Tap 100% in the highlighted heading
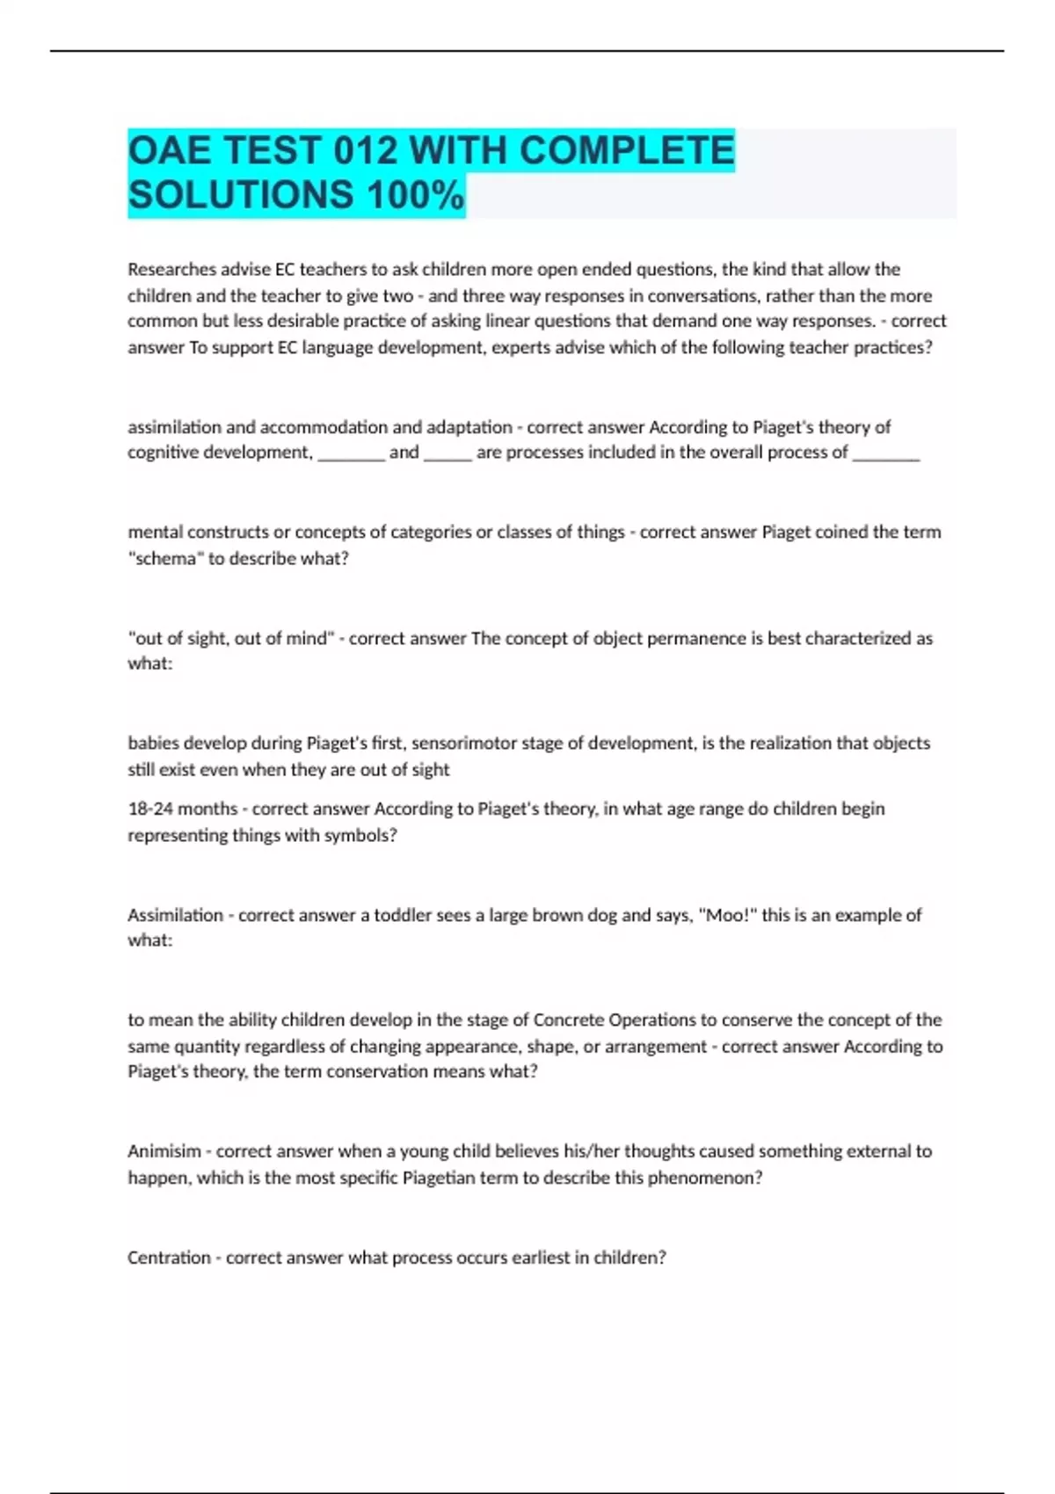[x=416, y=195]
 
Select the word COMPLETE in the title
[x=626, y=151]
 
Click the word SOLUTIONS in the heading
[x=241, y=195]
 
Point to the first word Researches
[x=169, y=269]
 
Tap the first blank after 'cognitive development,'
[x=351, y=453]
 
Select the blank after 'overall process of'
[x=885, y=453]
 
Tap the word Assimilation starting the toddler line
[x=175, y=915]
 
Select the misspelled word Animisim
[x=164, y=1151]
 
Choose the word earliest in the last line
[x=535, y=1258]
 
